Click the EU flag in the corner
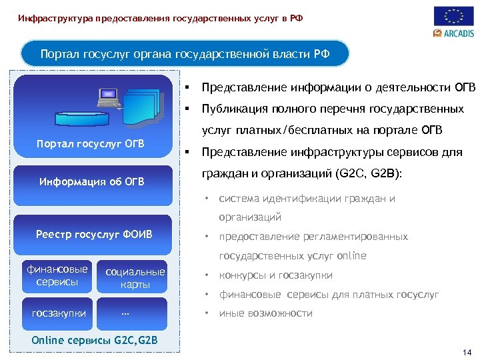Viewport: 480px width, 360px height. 454,15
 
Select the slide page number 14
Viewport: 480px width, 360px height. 466,351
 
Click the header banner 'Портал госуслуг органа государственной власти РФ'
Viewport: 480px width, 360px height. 185,53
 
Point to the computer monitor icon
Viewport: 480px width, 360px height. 108,97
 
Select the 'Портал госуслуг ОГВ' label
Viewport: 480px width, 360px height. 91,145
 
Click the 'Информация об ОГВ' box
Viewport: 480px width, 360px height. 91,181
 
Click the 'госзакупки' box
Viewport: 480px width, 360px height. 57,313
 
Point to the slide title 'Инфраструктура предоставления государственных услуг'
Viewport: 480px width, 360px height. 160,18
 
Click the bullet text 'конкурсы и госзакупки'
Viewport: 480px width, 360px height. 275,275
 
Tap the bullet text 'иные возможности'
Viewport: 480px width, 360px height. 265,313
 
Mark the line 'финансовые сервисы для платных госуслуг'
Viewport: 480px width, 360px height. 329,294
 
